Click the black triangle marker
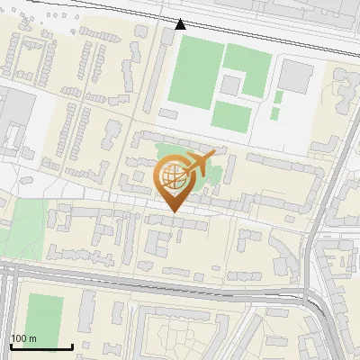(181, 24)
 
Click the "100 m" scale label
(23, 338)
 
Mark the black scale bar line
(41, 346)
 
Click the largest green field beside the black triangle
(192, 72)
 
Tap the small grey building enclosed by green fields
(231, 85)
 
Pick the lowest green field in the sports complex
(231, 115)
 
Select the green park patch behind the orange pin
(162, 153)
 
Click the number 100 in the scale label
(18, 338)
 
